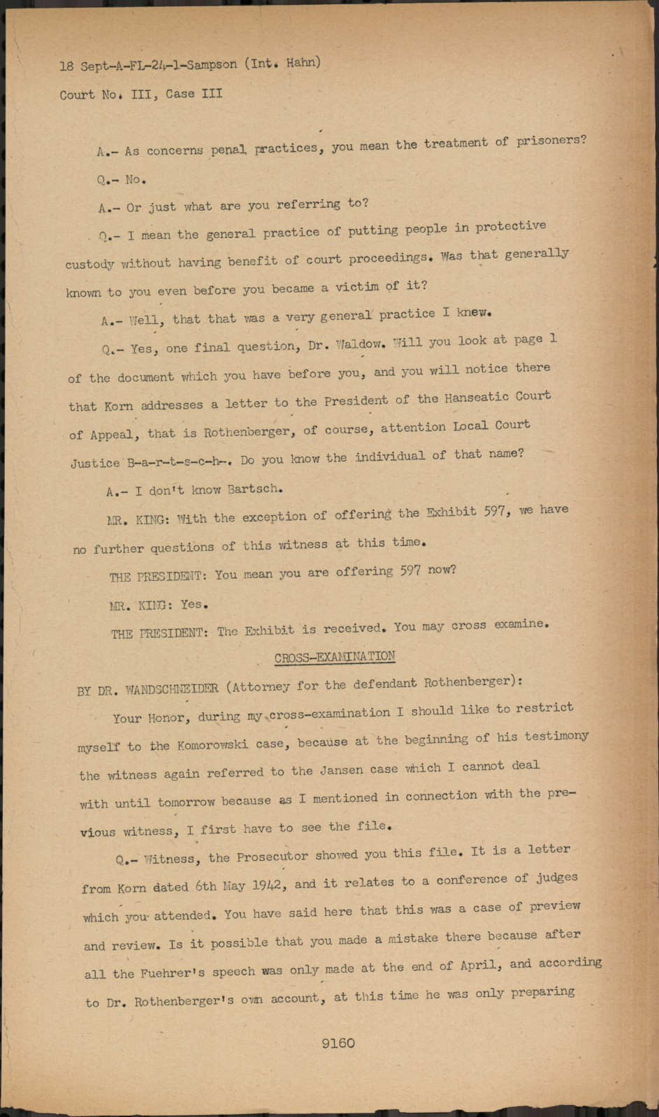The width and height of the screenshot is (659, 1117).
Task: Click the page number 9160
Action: (338, 1043)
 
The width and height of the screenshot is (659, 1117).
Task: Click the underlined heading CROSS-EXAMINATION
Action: (335, 657)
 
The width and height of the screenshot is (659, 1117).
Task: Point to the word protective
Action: (510, 227)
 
